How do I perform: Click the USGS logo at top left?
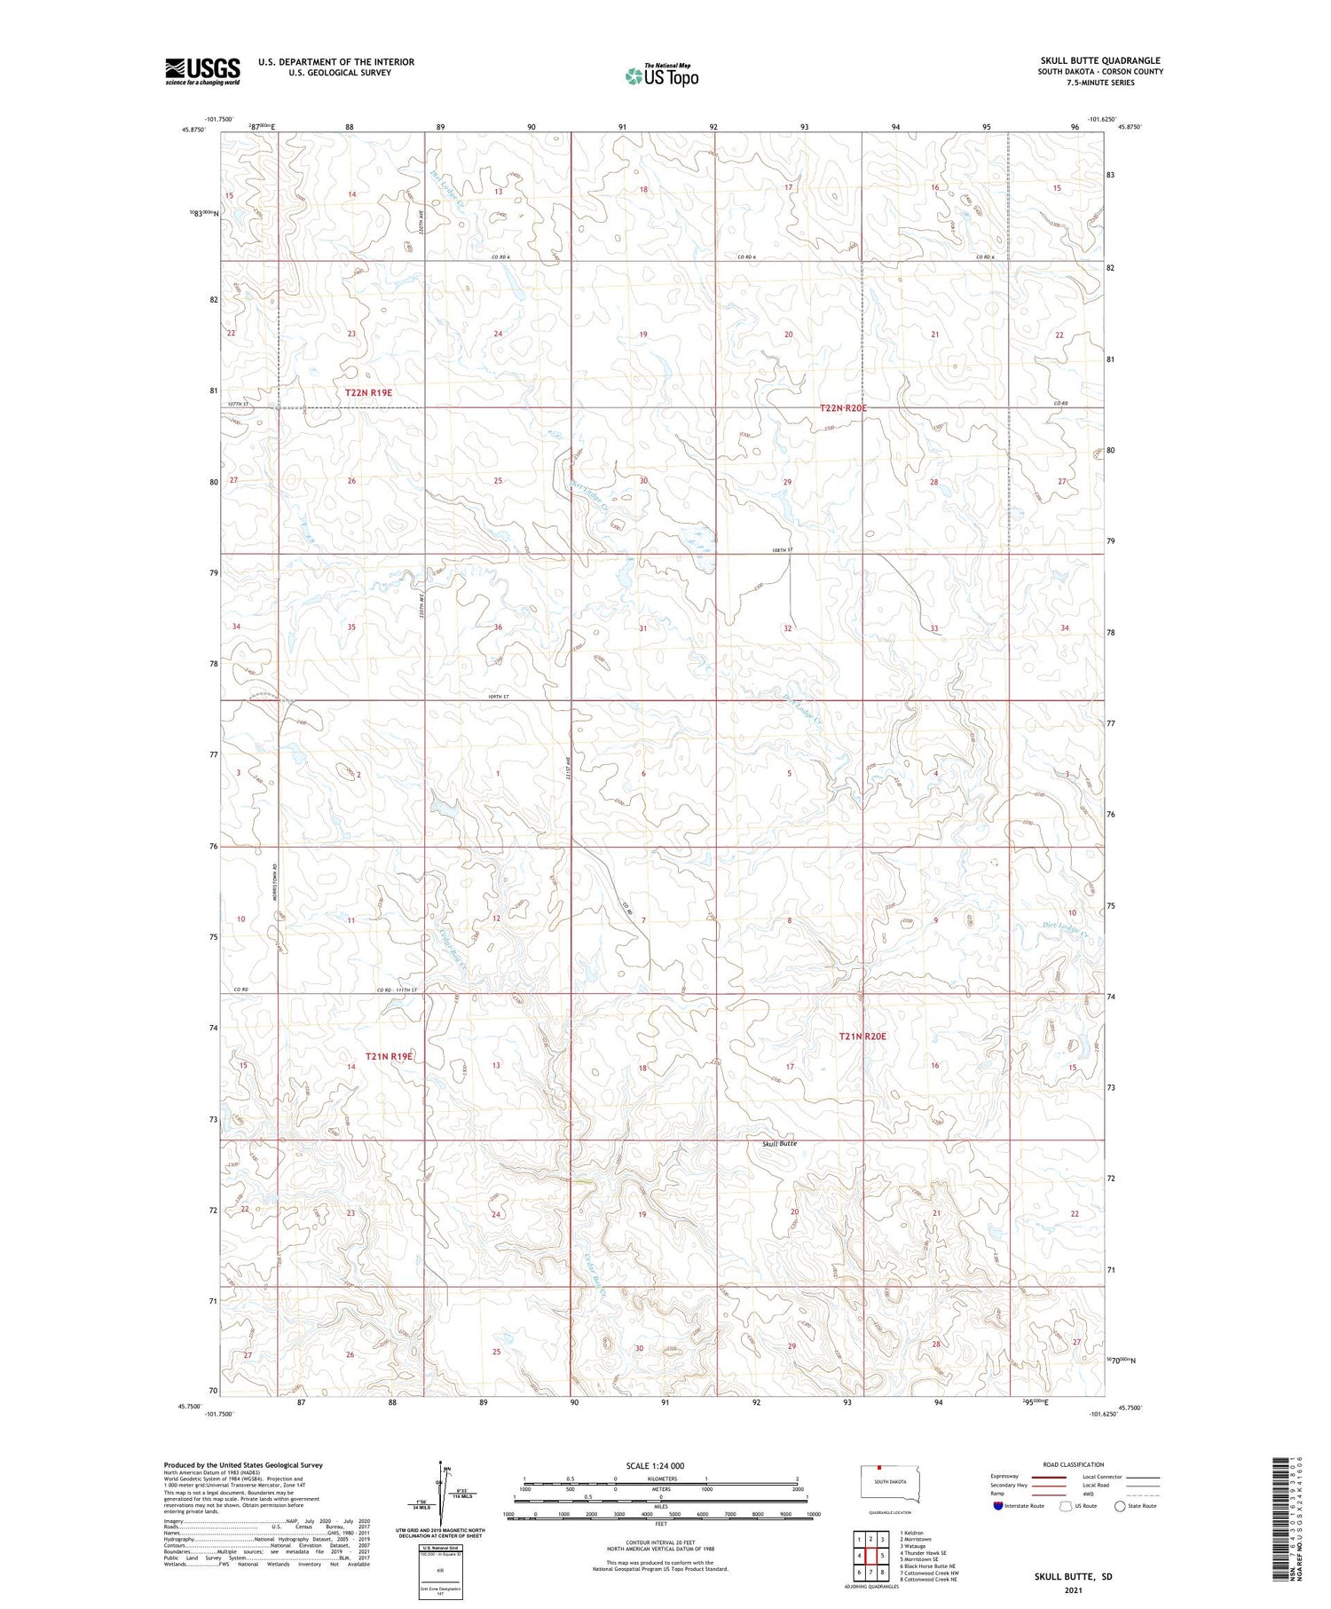coord(202,71)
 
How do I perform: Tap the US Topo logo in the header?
coord(661,76)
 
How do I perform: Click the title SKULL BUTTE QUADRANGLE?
coord(1100,60)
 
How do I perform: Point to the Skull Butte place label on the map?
coord(779,1143)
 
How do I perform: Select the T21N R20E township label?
coord(862,1036)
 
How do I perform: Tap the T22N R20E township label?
coord(842,408)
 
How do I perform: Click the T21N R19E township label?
coord(390,1056)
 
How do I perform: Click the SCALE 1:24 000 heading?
coord(660,1465)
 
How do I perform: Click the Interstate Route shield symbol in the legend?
coord(998,1506)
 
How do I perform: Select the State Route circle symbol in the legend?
coord(1120,1506)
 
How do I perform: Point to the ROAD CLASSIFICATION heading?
coord(1074,1464)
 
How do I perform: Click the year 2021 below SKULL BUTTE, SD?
coord(1073,1589)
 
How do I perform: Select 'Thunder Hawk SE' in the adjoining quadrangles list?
coord(925,1553)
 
